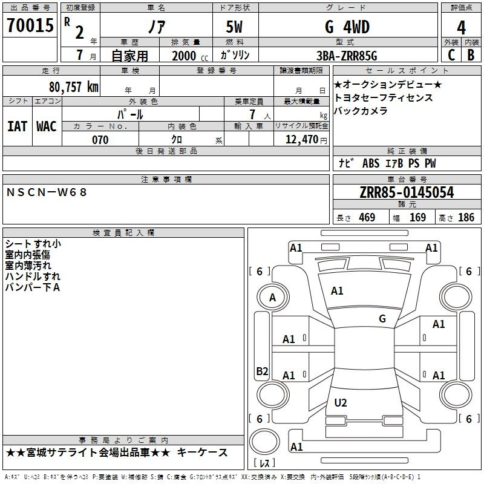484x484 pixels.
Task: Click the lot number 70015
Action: point(30,25)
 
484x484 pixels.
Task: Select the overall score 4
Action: point(461,28)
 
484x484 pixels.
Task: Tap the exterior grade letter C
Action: point(451,55)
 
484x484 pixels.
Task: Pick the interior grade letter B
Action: point(471,55)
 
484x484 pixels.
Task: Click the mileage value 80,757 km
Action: point(74,87)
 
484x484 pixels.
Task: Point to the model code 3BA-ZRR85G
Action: point(347,56)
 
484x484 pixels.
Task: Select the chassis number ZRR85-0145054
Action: point(407,192)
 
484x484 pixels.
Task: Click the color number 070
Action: point(100,140)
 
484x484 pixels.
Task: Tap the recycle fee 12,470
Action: point(301,140)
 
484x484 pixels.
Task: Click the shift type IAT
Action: point(18,126)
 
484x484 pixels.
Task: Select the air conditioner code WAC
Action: point(47,126)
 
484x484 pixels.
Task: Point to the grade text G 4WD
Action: point(347,27)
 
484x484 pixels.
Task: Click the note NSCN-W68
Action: point(47,192)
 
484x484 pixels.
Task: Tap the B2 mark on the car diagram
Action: point(262,371)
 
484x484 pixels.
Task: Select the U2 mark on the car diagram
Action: point(341,402)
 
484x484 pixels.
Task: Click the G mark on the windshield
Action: point(382,318)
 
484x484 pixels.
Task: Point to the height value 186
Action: point(466,217)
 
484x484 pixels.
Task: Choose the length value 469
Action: point(367,217)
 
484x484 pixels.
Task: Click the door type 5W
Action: point(234,27)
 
